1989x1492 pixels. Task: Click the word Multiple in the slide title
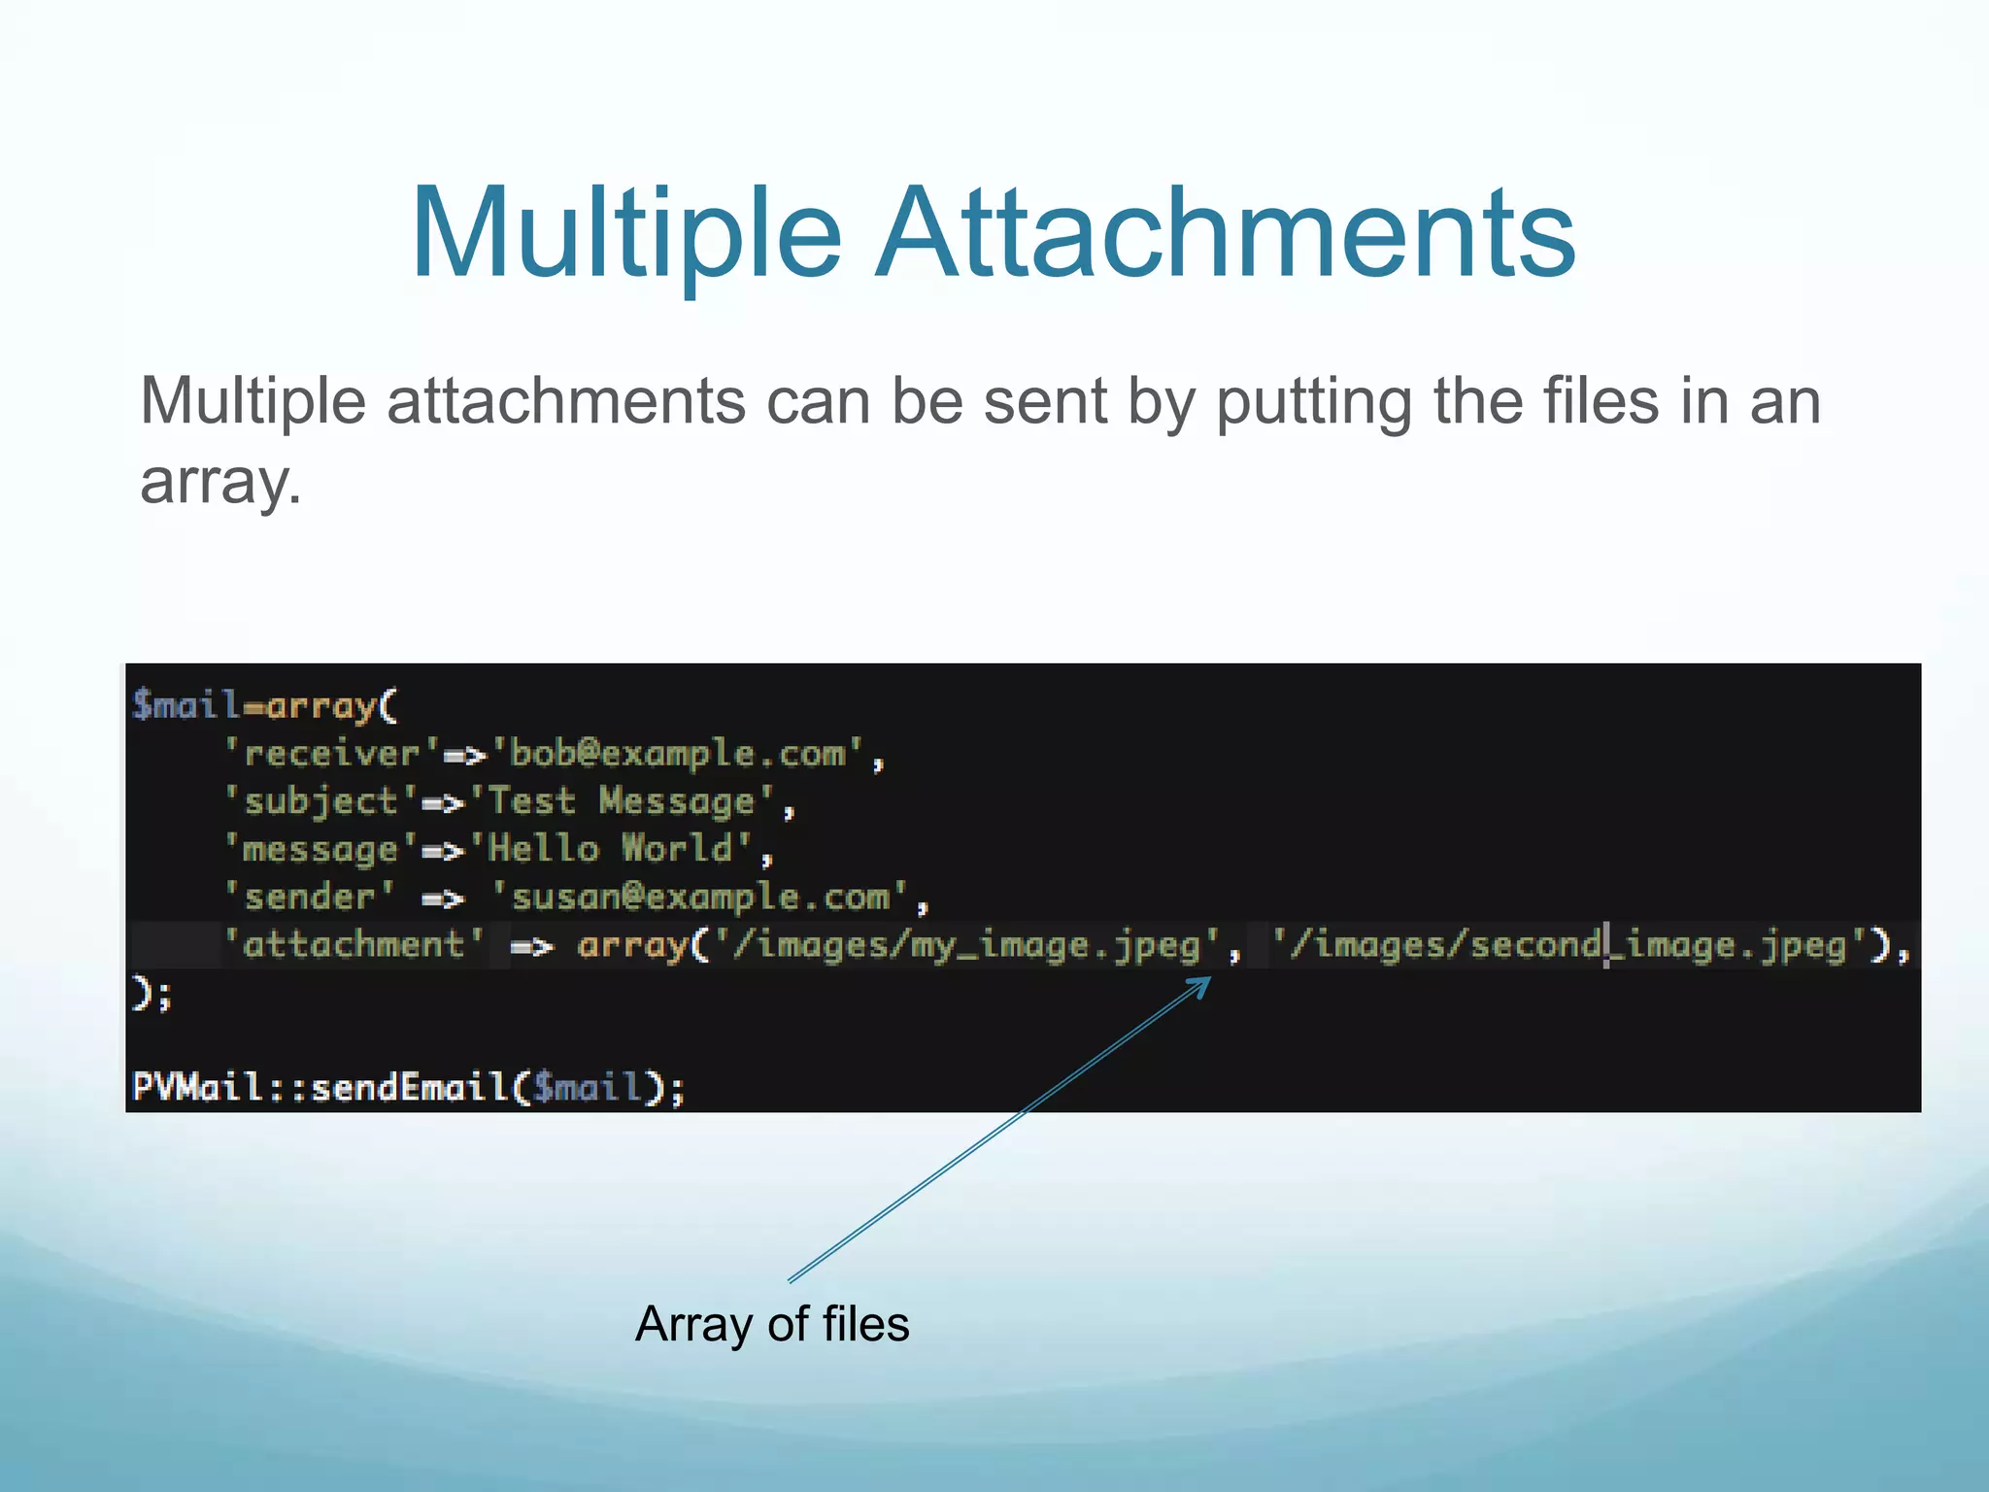point(625,236)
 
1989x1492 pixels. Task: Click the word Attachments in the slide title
point(1225,236)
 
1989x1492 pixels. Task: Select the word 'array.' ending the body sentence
point(220,481)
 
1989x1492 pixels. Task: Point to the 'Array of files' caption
point(772,1324)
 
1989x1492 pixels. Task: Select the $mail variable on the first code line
point(185,705)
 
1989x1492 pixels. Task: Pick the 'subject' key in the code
point(320,802)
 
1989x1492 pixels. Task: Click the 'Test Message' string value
point(622,802)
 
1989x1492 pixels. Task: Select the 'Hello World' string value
point(611,850)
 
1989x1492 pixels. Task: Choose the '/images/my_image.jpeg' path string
point(967,945)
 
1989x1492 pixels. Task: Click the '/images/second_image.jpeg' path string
point(1569,945)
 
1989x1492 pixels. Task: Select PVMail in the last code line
point(195,1087)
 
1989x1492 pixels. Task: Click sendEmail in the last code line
point(409,1087)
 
